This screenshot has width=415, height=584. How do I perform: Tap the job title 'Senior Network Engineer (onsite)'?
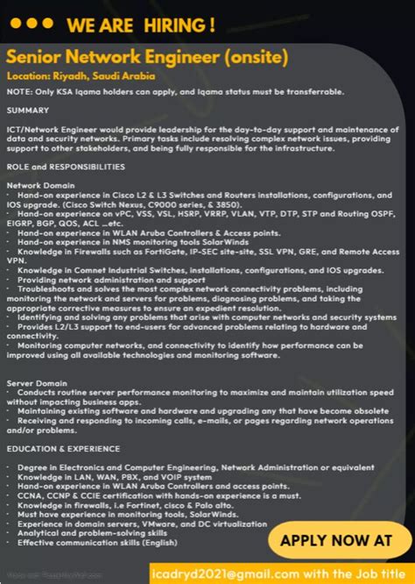147,57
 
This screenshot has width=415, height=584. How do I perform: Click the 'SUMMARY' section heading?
27,110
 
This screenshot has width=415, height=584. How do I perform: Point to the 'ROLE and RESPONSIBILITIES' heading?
66,167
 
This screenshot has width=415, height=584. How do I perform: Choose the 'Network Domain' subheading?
40,185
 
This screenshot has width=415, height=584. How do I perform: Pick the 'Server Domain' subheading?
36,382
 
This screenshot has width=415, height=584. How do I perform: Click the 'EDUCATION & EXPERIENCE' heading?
63,448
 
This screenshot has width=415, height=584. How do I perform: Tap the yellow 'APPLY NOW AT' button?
336,540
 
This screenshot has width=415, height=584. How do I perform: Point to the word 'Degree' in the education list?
32,466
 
